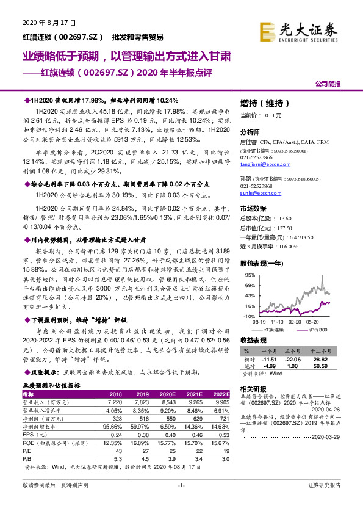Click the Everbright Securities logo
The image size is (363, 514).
[299, 29]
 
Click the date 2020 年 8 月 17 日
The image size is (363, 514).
[48, 23]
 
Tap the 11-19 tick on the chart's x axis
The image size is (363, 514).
[278, 320]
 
